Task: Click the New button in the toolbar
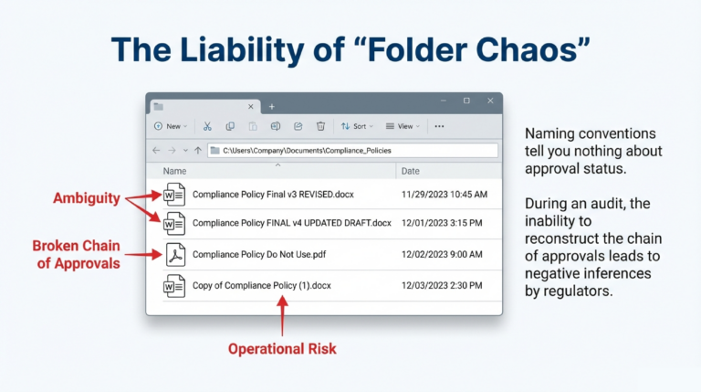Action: (x=171, y=126)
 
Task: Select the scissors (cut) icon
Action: (x=207, y=126)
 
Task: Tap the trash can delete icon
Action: (x=320, y=126)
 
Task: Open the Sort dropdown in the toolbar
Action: (x=354, y=126)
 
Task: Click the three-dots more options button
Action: (x=439, y=126)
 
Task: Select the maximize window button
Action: (x=466, y=101)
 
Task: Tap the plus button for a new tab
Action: (x=271, y=106)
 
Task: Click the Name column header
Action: (x=174, y=171)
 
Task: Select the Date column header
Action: (x=411, y=171)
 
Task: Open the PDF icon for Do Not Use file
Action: (x=173, y=255)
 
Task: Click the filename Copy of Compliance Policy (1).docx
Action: (x=262, y=286)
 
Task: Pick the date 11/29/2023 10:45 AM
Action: (x=445, y=195)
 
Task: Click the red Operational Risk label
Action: (x=282, y=348)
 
